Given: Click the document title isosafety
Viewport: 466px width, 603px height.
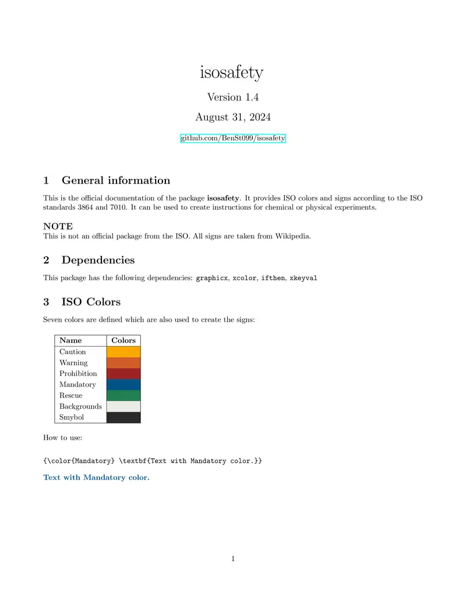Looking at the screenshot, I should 232,73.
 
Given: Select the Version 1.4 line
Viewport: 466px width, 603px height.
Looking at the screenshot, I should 232,97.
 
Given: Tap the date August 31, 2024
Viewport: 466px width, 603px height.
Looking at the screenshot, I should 232,117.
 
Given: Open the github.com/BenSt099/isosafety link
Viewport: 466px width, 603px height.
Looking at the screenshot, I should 233,138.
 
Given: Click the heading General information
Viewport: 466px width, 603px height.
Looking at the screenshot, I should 115,180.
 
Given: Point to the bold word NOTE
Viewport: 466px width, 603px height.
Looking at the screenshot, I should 58,226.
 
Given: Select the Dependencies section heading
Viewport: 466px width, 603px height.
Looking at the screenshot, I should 98,260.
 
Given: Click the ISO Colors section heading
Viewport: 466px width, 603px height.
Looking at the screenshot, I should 91,302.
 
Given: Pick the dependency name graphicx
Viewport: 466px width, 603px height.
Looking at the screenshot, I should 211,278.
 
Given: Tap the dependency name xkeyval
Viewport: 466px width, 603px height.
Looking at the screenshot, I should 303,278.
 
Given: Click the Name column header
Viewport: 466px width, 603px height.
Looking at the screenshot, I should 70,340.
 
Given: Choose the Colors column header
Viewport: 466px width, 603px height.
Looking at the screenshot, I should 123,340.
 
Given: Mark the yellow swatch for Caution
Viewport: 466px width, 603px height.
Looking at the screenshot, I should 123,352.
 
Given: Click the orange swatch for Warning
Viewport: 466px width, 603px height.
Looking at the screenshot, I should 123,362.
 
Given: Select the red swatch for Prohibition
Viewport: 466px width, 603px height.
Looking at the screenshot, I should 123,373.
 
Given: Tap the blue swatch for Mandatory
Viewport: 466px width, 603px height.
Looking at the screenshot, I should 123,385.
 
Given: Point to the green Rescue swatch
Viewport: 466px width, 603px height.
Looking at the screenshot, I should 123,396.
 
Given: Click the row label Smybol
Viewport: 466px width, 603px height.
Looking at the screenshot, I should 71,417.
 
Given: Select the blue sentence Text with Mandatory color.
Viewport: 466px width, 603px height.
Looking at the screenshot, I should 96,478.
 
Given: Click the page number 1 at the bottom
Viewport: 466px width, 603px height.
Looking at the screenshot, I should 233,559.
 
